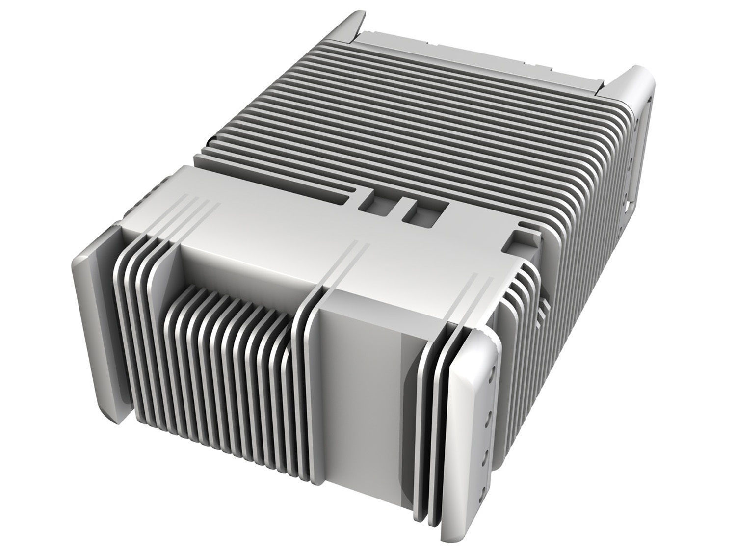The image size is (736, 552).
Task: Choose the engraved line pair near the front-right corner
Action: (476, 285)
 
